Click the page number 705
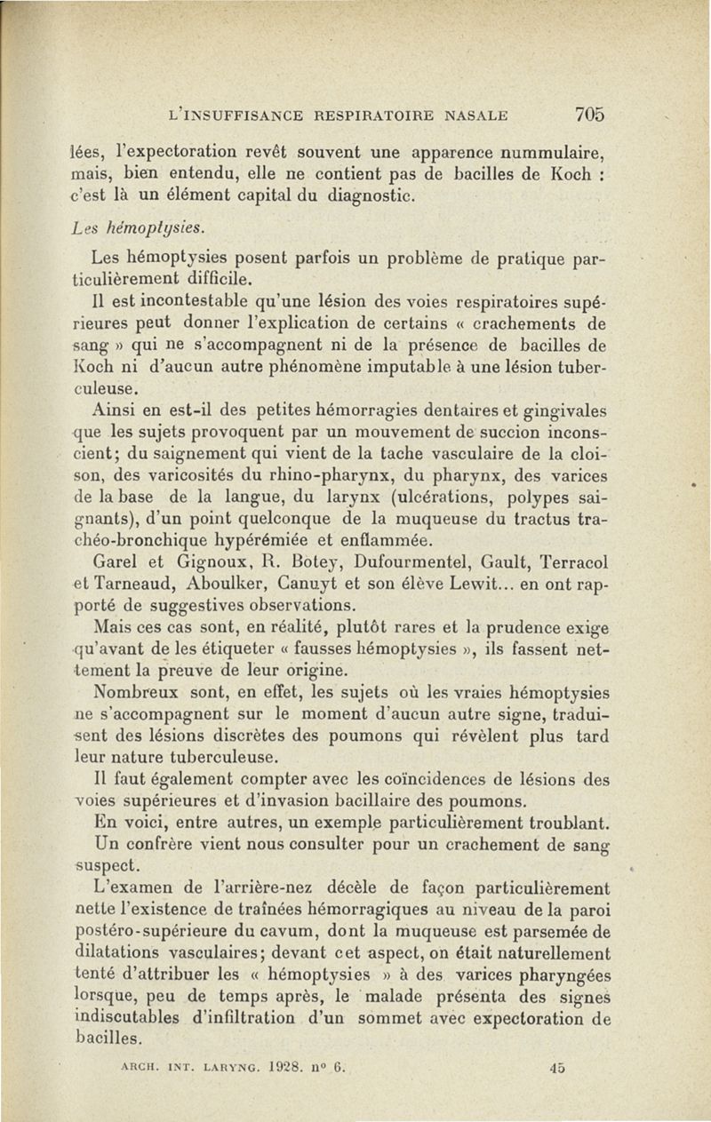click(x=589, y=114)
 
